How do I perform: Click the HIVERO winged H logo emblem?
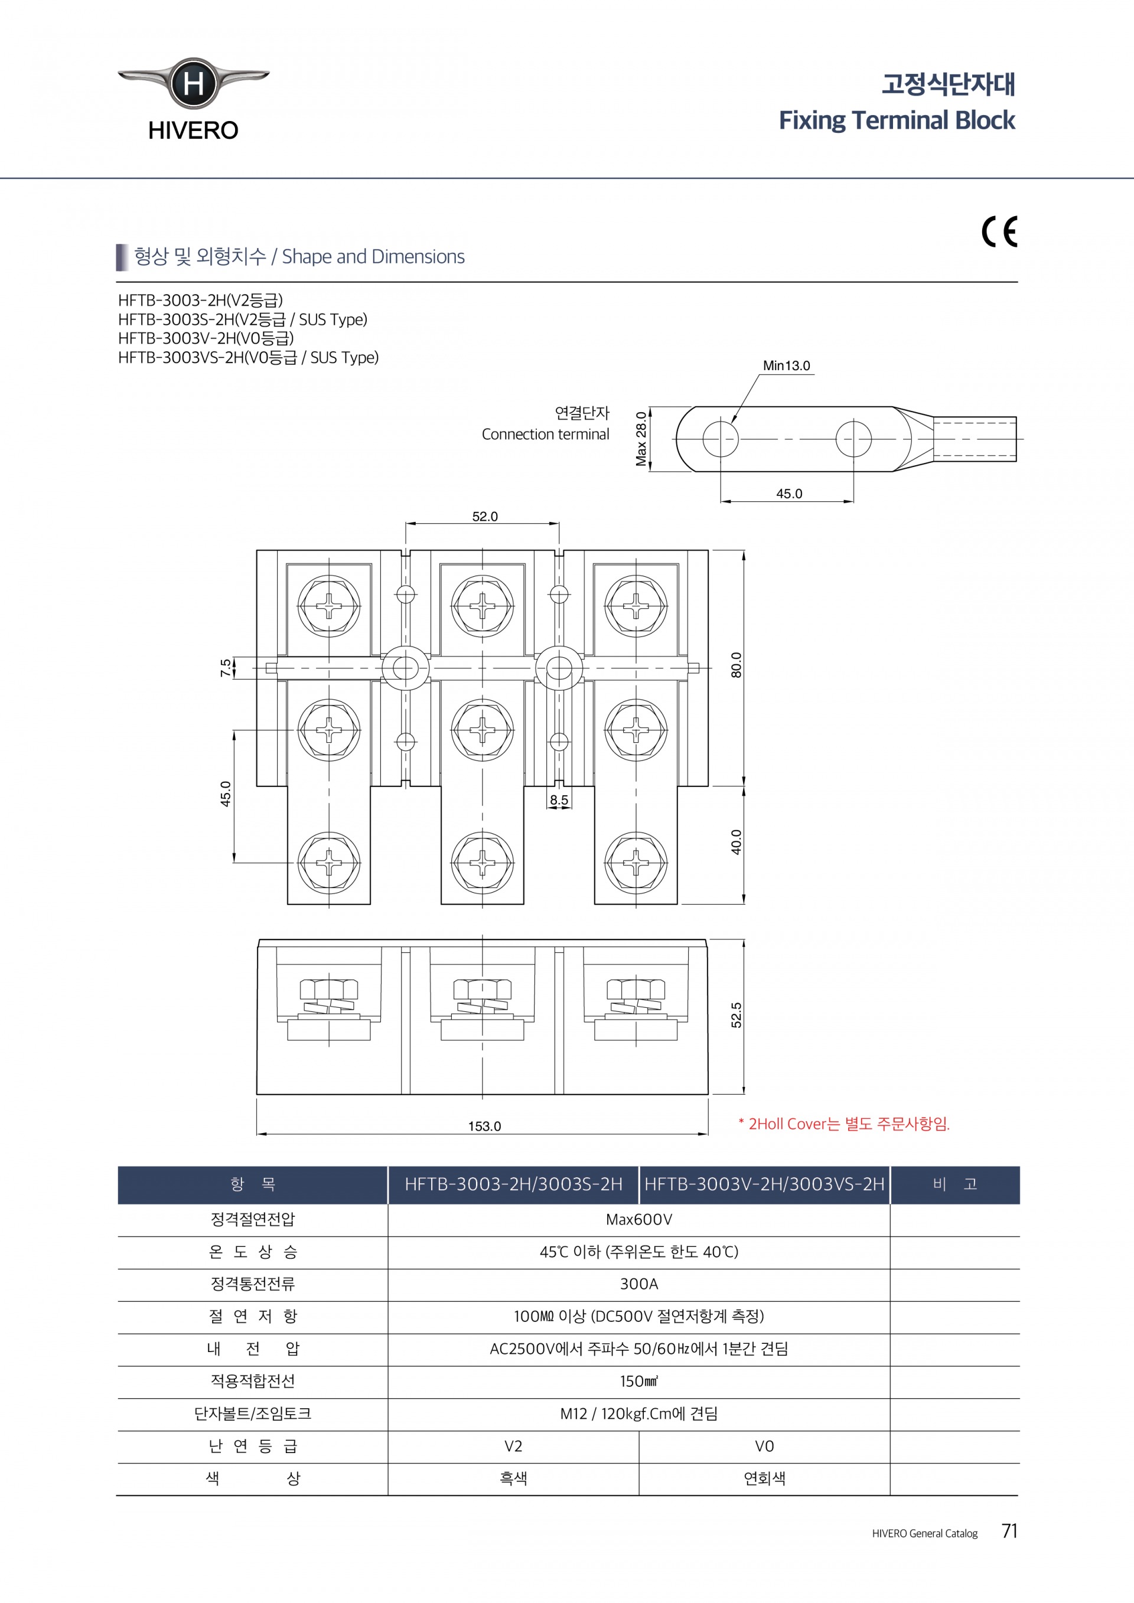193,84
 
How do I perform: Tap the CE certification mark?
1000,233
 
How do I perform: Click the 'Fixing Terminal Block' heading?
897,120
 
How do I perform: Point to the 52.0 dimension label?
484,517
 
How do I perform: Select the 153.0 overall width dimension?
484,1126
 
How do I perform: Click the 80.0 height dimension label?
736,665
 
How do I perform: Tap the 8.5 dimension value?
559,800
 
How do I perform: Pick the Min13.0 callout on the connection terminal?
786,366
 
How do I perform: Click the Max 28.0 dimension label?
641,439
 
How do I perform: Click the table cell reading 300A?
639,1284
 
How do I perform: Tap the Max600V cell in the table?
639,1220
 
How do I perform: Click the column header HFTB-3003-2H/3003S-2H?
513,1184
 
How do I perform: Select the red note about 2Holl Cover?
844,1124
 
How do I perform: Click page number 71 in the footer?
1009,1531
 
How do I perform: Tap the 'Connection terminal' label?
545,435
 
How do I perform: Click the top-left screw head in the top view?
329,605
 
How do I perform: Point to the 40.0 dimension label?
736,842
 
